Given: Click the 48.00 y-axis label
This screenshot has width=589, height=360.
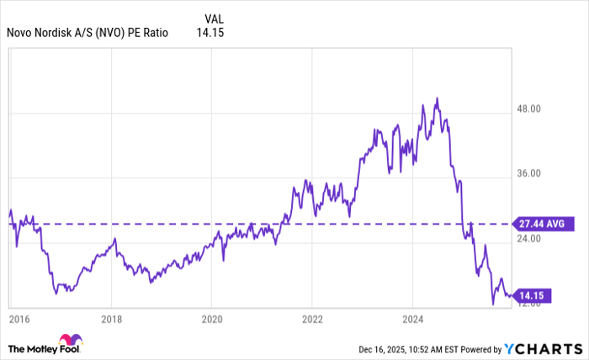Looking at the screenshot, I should pos(533,109).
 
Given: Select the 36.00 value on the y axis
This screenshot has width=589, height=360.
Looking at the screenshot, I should pos(533,174).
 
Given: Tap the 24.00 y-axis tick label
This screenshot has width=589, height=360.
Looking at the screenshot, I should pos(533,239).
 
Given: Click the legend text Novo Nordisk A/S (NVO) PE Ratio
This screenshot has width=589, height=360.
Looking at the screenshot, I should pos(88,34).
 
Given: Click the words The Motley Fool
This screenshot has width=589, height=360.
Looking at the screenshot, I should pos(38,348).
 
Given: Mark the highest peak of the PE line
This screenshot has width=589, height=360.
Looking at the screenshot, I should pos(436,98).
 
